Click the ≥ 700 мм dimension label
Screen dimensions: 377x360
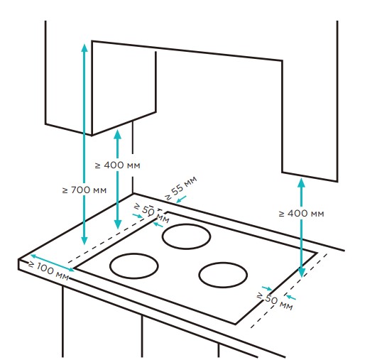point(84,190)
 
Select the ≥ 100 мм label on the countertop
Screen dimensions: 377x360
point(48,271)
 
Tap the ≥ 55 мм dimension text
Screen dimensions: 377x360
point(181,188)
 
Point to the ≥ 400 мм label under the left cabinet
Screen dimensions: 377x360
point(118,165)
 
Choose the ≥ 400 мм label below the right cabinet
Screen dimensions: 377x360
point(302,214)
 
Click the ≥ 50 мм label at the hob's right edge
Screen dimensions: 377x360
point(275,301)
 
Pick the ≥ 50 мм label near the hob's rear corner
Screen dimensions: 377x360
point(151,212)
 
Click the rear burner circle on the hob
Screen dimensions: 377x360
point(186,236)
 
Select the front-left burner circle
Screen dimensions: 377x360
point(134,266)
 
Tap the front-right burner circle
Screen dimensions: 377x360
point(223,275)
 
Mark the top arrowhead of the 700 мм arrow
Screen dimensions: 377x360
point(84,48)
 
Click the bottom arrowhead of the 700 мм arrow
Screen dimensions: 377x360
point(84,241)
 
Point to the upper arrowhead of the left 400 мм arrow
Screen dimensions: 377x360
point(118,134)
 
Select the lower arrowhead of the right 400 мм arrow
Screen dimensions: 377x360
point(302,273)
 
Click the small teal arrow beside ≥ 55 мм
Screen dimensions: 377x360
point(181,200)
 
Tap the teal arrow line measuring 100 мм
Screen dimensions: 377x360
point(53,263)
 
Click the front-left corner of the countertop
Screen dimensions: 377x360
point(18,260)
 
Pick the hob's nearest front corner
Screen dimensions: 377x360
point(236,324)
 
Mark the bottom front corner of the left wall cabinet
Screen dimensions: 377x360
point(92,135)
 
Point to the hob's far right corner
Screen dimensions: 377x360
point(317,253)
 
